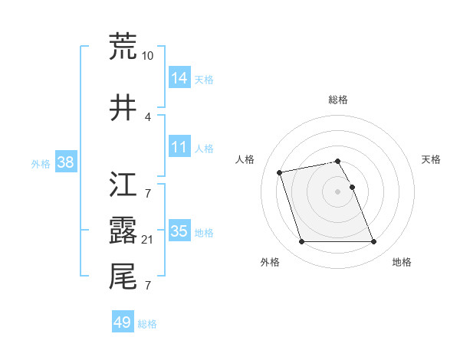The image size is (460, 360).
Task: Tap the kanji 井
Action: [123, 109]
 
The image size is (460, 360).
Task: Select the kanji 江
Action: [123, 184]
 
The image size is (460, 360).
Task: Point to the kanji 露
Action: [123, 231]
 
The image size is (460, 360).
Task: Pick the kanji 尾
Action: [123, 277]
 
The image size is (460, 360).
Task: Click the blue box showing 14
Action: [179, 78]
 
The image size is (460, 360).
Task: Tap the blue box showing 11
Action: [179, 147]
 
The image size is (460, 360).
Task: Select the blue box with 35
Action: [179, 231]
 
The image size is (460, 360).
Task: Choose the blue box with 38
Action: [66, 162]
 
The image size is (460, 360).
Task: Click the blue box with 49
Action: [123, 322]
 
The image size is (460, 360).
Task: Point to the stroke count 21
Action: [148, 241]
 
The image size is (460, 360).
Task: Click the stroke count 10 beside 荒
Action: [148, 56]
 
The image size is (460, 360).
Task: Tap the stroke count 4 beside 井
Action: [148, 116]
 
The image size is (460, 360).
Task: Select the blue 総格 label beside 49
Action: [148, 324]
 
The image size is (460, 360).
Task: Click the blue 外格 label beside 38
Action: [40, 163]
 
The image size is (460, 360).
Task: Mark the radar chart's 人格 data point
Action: [280, 171]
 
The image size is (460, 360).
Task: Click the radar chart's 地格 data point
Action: [373, 242]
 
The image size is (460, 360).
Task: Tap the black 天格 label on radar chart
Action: [432, 159]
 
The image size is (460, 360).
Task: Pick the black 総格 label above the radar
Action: [338, 100]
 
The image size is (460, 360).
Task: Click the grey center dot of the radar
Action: [338, 191]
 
